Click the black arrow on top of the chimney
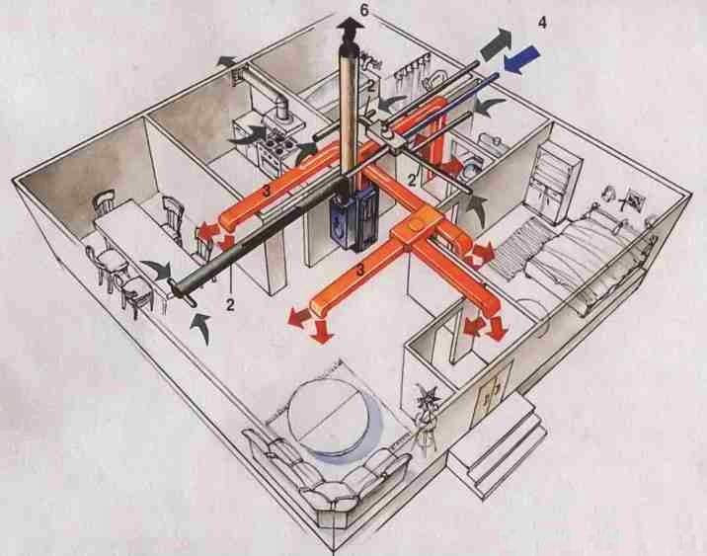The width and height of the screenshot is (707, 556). point(347,29)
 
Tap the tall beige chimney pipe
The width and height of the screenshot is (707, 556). point(349,109)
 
